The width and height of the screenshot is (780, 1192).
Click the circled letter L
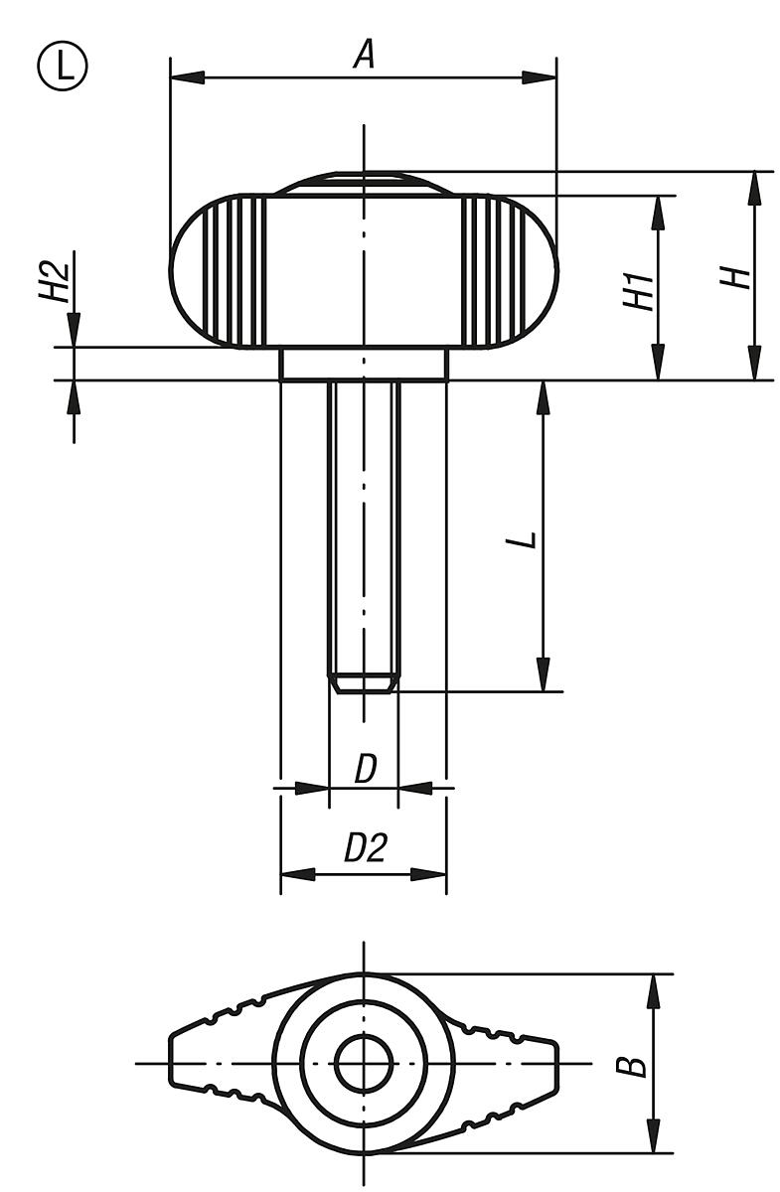[x=64, y=67]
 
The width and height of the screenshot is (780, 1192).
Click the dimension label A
[x=365, y=55]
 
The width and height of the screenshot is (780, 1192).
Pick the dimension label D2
[x=364, y=849]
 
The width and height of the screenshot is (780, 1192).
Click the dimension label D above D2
[x=364, y=770]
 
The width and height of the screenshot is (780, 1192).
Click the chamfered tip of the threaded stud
[x=364, y=683]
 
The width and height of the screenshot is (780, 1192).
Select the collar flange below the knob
[x=364, y=364]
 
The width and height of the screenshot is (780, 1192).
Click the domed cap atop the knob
[x=364, y=183]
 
